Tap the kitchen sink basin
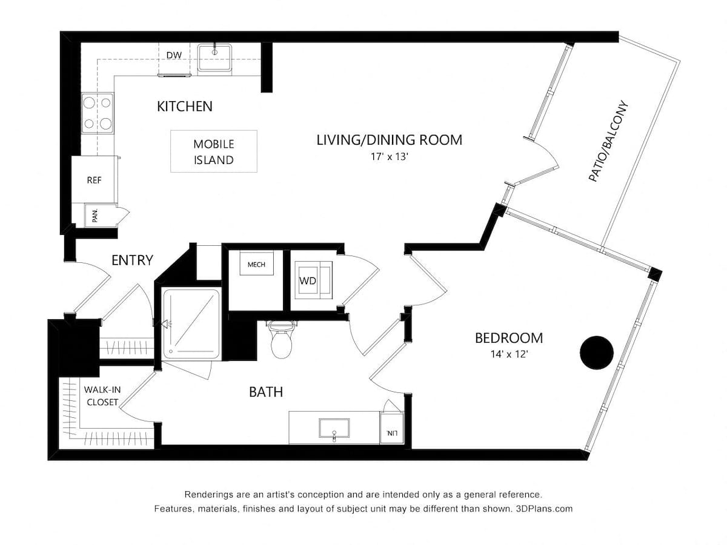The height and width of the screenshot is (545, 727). click(214, 56)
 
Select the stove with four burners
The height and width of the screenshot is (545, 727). click(98, 113)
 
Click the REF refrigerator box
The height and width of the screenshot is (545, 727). click(93, 180)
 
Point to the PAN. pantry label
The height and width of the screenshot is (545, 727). click(95, 216)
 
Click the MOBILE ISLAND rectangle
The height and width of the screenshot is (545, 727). click(213, 152)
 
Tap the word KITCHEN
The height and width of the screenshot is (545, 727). click(185, 107)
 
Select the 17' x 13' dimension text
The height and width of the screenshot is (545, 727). click(389, 156)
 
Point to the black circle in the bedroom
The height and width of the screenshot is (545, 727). click(597, 352)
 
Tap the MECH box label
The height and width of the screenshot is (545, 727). click(256, 265)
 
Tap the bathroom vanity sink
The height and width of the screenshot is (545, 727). click(334, 428)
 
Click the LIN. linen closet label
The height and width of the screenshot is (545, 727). click(390, 433)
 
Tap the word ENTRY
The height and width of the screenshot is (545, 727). click(132, 260)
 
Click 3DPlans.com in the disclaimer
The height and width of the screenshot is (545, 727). click(544, 509)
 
